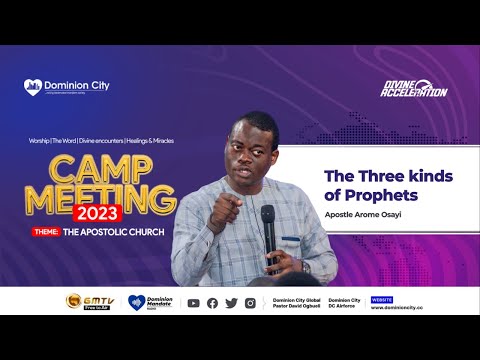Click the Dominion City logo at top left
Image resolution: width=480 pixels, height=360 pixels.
(67, 86)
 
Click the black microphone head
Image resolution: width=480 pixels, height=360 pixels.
(267, 215)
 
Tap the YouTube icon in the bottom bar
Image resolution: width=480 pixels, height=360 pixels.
(193, 303)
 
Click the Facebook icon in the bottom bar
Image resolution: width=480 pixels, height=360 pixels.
(212, 303)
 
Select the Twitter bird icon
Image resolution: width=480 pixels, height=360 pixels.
(231, 303)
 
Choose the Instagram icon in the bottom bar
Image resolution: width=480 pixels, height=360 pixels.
(250, 303)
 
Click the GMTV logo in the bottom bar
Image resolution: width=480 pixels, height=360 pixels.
(87, 302)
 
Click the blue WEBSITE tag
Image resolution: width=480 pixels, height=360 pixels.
(382, 298)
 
